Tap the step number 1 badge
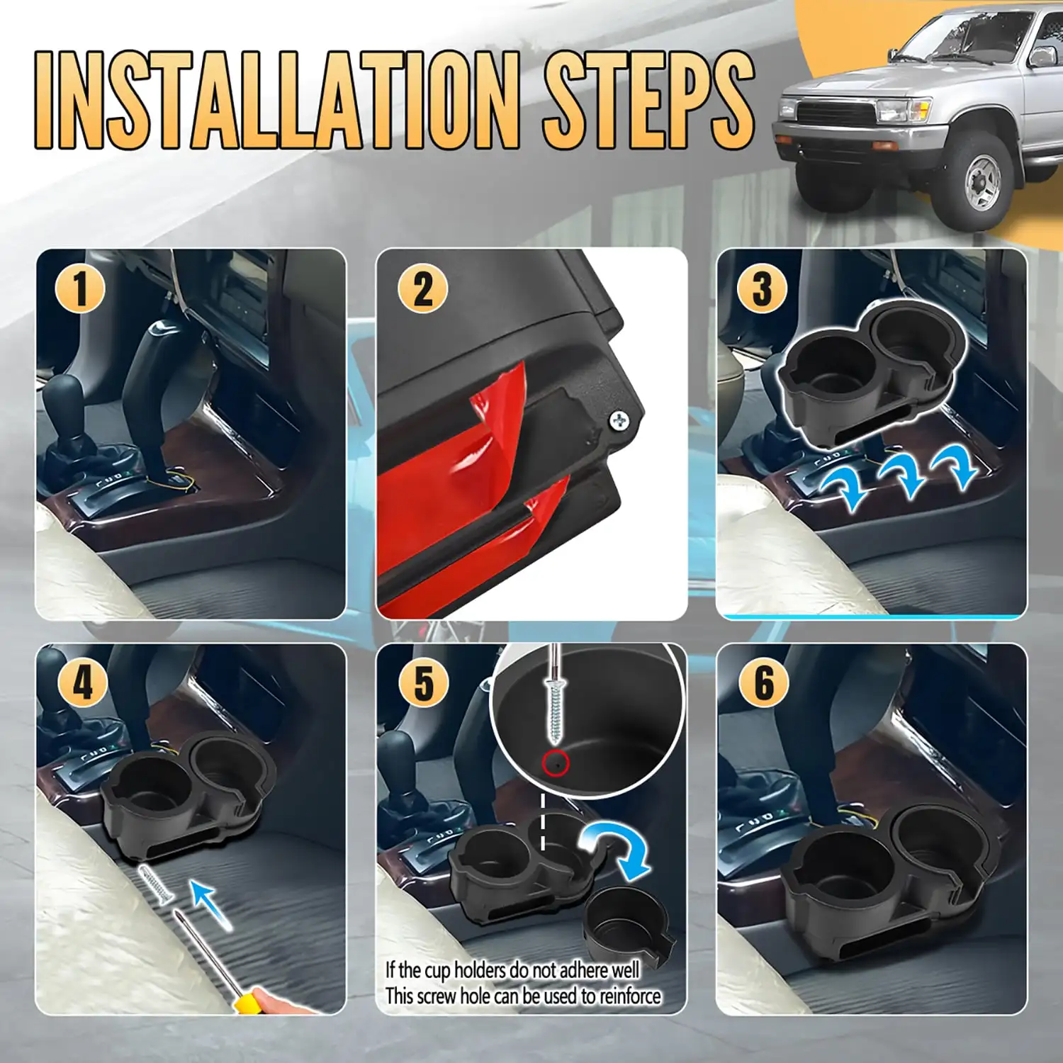coord(80,289)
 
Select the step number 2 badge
coord(422,289)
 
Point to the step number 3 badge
coord(762,289)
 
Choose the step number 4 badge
coord(83,683)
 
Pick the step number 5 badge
coord(424,683)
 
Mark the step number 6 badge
coord(763,683)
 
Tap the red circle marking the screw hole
coord(556,763)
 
